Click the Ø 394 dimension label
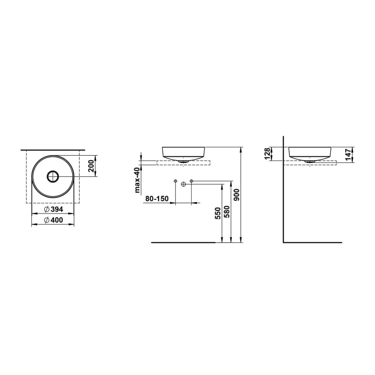(x=53, y=209)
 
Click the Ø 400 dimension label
(x=53, y=220)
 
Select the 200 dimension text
(x=91, y=166)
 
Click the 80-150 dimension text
(x=157, y=199)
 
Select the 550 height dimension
(x=218, y=213)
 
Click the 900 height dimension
(x=236, y=195)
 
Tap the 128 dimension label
(x=267, y=154)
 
